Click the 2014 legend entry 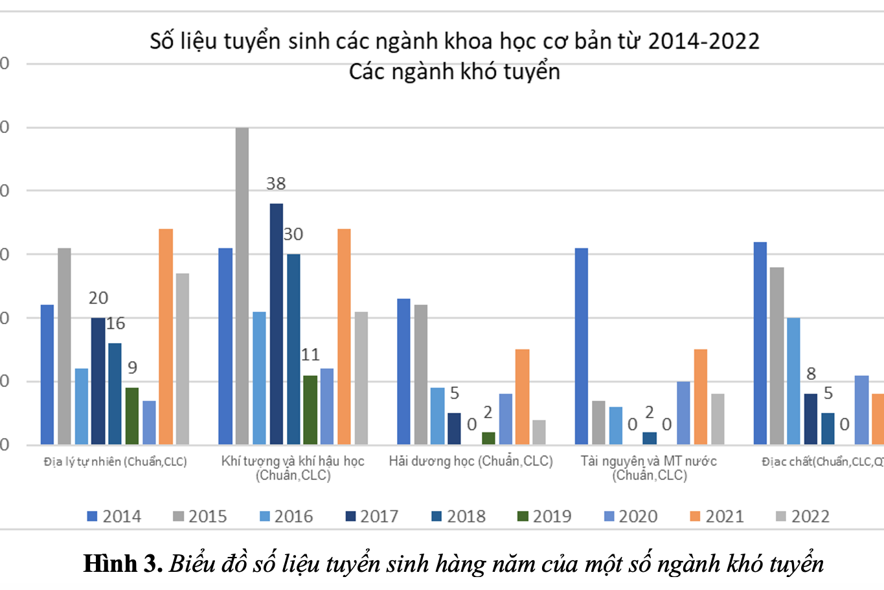point(115,516)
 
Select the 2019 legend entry point(545,516)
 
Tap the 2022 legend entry point(803,516)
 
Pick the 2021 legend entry point(717,516)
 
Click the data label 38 point(276,184)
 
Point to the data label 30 point(293,235)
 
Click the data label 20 point(98,298)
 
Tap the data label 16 point(115,324)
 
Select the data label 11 point(310,355)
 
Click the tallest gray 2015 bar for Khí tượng point(242,285)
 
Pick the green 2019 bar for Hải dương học point(488,438)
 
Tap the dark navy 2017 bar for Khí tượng point(277,324)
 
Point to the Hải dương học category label point(471,461)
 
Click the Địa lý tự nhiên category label point(115,462)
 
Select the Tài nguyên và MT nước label point(649,467)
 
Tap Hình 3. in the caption point(123,563)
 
